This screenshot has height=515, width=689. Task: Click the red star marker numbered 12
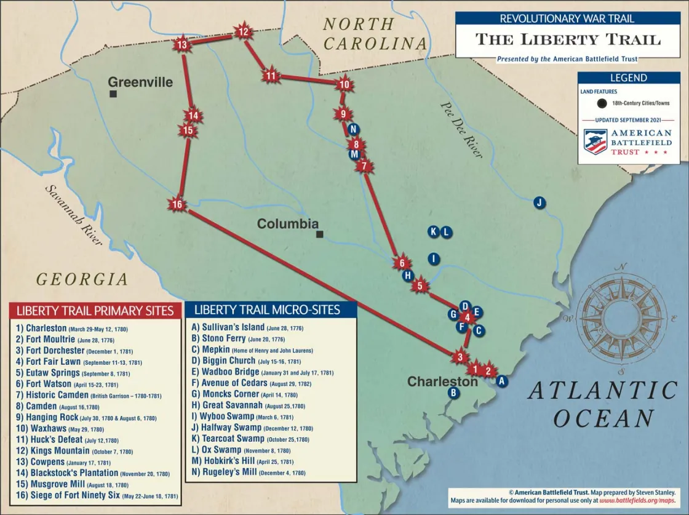click(243, 32)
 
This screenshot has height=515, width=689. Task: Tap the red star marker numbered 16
click(178, 205)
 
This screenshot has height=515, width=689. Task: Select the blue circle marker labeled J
click(539, 202)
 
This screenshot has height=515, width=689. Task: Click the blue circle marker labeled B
click(454, 393)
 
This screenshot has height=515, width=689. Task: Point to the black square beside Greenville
click(114, 94)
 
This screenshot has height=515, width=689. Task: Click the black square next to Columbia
click(319, 234)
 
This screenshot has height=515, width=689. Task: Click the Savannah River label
click(73, 215)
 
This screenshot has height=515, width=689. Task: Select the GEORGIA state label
click(82, 279)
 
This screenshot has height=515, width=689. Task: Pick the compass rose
click(622, 318)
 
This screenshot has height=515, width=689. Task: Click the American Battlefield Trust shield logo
click(595, 142)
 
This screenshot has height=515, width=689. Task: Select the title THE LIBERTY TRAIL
click(568, 39)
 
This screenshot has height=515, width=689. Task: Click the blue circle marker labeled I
click(434, 259)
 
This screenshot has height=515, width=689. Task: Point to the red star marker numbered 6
click(402, 263)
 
